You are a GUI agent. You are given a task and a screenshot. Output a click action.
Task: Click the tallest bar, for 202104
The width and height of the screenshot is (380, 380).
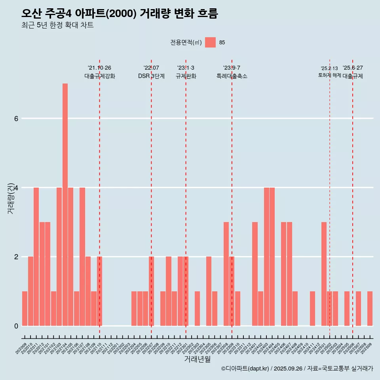[x=65, y=205]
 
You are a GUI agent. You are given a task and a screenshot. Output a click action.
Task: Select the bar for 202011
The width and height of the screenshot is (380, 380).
[x=36, y=256]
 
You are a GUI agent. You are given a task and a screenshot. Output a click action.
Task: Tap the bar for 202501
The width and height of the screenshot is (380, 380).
[x=324, y=274]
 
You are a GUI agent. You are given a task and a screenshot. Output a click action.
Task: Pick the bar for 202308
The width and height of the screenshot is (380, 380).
[x=226, y=274]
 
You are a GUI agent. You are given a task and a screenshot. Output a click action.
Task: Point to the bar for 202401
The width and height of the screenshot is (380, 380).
[x=255, y=274]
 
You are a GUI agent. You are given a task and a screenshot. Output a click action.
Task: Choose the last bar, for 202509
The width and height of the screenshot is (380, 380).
[x=370, y=308]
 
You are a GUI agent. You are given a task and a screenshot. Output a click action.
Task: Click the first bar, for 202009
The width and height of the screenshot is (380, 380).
[x=25, y=308]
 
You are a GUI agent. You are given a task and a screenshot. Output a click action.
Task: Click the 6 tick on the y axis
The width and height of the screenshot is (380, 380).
[x=16, y=118]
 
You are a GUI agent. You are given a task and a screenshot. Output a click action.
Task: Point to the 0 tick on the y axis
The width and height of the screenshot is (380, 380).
[x=16, y=326]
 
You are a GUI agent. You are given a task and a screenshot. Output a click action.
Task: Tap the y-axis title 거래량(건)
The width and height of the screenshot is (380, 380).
[x=11, y=198]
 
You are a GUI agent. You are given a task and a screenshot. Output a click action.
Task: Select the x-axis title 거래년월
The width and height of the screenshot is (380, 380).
[x=197, y=359]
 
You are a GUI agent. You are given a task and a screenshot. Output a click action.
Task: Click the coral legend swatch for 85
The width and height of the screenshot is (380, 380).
[x=210, y=42]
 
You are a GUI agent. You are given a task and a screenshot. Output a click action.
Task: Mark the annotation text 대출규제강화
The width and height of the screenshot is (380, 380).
[x=100, y=76]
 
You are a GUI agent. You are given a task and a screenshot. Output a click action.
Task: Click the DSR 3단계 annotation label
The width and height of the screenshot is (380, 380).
[x=151, y=76]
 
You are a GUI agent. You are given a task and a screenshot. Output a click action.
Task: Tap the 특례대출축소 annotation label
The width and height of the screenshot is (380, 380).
[x=232, y=76]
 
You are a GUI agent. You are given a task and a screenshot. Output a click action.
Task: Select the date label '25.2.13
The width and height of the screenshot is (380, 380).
[x=329, y=68]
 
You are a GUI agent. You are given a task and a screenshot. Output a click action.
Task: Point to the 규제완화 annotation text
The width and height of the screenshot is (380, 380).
[x=186, y=76]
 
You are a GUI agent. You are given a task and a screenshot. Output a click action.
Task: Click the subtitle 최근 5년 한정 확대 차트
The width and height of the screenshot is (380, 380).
[x=58, y=25]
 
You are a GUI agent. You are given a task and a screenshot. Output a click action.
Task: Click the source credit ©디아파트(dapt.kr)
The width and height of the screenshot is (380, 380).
[x=245, y=369]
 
